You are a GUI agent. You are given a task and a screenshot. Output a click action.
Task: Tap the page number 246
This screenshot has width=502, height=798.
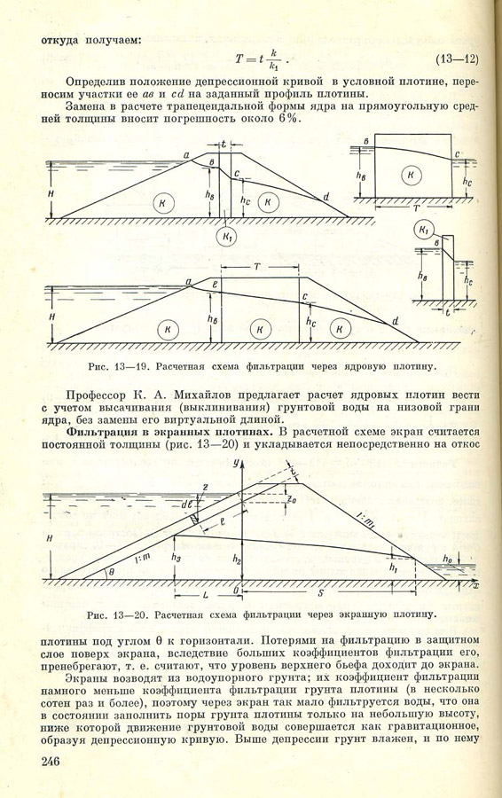pyautogui.click(x=54, y=762)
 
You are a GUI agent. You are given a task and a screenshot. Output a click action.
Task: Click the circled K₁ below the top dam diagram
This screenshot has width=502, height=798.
pyautogui.click(x=228, y=236)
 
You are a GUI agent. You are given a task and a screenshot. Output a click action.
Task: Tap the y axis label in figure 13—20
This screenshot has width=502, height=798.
pyautogui.click(x=236, y=464)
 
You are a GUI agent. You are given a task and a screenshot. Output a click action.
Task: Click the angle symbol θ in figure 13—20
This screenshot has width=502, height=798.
pyautogui.click(x=112, y=572)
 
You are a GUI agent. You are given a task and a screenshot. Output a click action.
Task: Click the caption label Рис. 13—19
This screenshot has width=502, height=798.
pyautogui.click(x=112, y=364)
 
